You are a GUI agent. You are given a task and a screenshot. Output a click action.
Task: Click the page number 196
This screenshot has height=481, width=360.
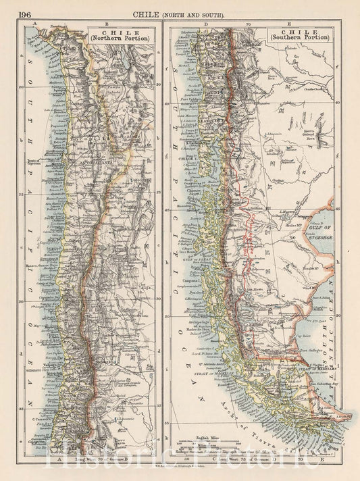click(28, 13)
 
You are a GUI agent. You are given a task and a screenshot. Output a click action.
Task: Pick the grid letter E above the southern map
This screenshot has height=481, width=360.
click(307, 23)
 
